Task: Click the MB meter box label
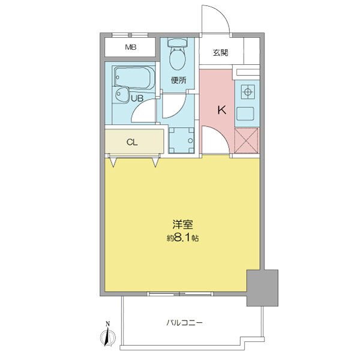130,47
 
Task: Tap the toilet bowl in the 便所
177,58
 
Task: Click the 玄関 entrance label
220,53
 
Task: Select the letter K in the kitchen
221,110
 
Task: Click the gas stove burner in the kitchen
247,92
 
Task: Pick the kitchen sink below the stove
247,113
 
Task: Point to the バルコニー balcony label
184,322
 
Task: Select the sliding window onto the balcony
180,293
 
